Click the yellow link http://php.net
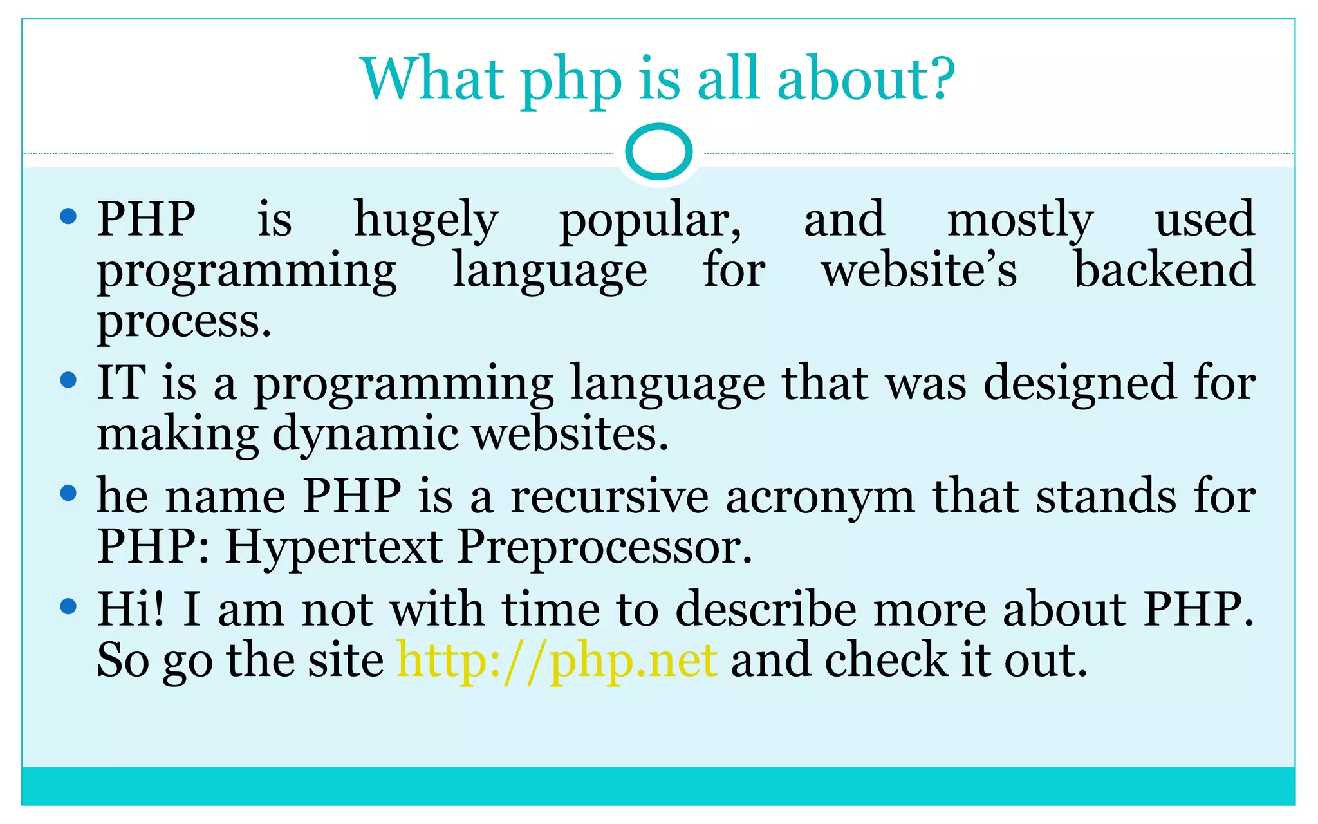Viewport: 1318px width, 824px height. coord(557,660)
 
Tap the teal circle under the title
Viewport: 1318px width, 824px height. coord(658,152)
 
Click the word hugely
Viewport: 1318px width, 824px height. coord(426,220)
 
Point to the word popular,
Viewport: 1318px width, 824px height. coord(650,220)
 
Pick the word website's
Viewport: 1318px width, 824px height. coord(919,270)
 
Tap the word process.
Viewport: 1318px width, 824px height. coord(184,321)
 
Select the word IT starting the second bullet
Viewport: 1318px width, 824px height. coord(121,383)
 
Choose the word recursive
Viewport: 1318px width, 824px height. coord(609,497)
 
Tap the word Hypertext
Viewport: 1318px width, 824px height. coord(333,548)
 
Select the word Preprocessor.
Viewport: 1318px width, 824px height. coord(604,548)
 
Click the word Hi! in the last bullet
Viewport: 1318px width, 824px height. coord(131,609)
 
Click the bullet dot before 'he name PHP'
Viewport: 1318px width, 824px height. coord(68,494)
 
